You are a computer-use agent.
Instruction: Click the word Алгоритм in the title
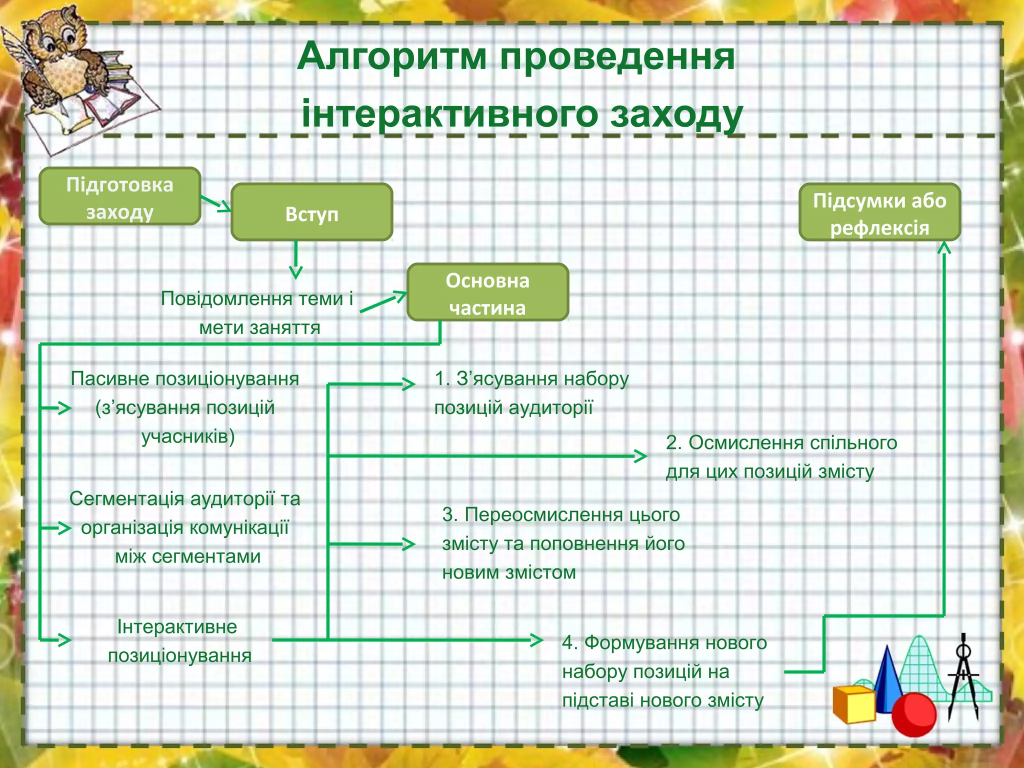392,57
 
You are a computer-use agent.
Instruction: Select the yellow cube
853,705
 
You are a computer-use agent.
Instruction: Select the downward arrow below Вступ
296,260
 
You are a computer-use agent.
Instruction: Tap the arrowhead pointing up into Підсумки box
943,248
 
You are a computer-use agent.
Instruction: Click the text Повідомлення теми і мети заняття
257,312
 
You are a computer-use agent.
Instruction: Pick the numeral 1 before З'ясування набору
439,378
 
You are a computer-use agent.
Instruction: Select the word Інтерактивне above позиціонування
177,626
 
